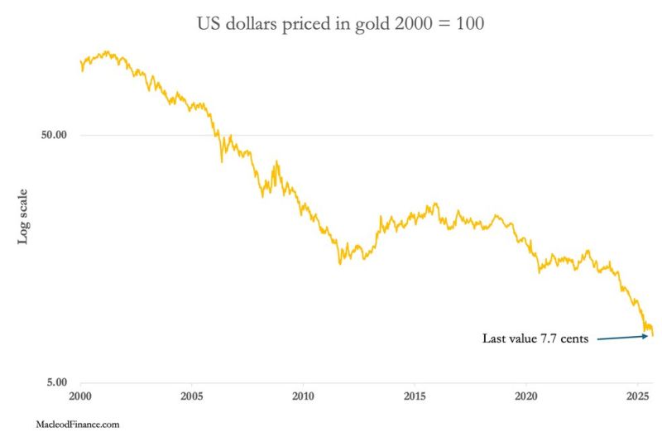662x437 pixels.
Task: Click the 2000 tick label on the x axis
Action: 80,396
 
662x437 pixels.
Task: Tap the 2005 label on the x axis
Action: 192,396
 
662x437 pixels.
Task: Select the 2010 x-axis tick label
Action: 304,396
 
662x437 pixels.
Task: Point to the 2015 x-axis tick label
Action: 415,396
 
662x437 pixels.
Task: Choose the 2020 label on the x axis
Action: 527,396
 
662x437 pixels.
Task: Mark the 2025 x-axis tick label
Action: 638,396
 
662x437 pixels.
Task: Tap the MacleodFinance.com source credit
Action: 79,424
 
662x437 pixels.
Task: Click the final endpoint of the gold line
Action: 653,335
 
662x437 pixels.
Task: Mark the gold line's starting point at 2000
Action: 80,60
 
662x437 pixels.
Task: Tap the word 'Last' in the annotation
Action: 495,339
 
